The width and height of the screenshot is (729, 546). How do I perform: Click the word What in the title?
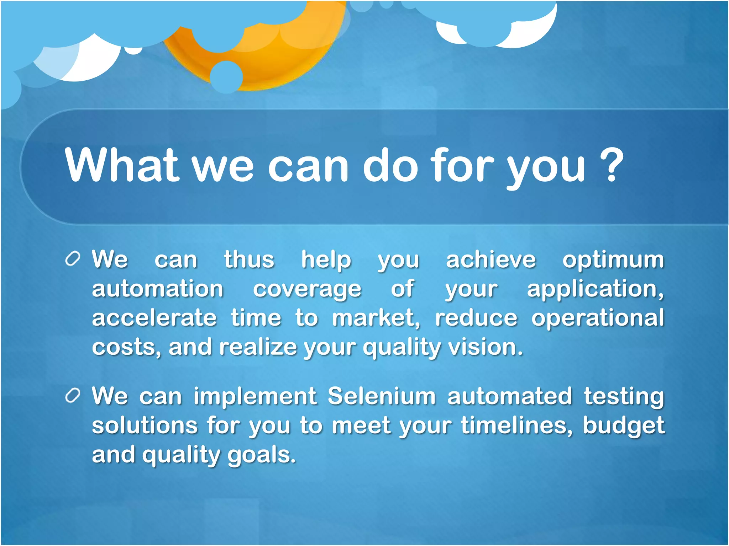coord(121,165)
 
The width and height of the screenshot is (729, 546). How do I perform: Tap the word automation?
coord(158,289)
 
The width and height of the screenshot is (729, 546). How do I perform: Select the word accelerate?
coord(154,318)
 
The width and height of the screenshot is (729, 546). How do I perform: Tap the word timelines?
coord(516,425)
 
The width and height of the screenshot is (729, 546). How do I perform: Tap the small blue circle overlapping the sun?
coord(226,77)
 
